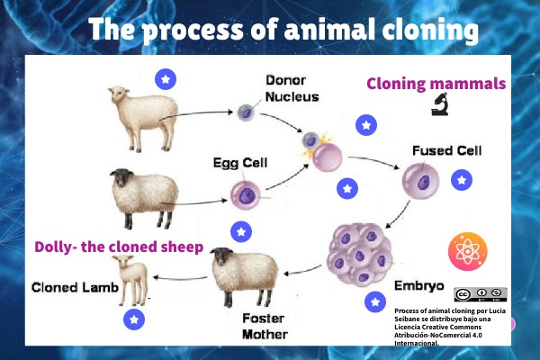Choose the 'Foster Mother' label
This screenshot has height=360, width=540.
click(265, 326)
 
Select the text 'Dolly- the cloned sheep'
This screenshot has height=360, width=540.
click(119, 247)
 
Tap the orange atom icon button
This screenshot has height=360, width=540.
click(467, 250)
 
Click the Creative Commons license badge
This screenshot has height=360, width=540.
click(480, 294)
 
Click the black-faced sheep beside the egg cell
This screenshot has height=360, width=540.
click(142, 190)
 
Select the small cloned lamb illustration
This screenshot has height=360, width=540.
click(132, 278)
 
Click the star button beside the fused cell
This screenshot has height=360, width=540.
click(462, 181)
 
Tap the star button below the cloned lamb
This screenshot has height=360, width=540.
click(134, 319)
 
